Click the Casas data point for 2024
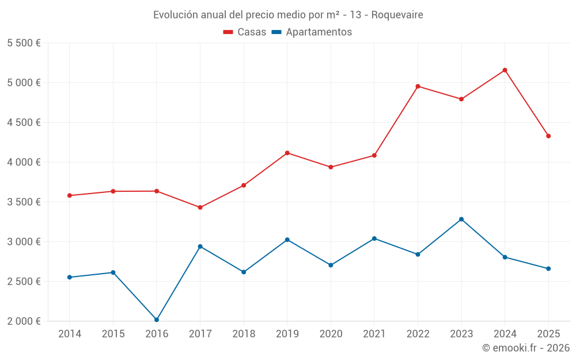(x=505, y=70)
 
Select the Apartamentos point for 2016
(x=157, y=320)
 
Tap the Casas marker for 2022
(x=418, y=86)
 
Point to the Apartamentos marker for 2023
(x=461, y=219)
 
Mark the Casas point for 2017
(x=200, y=207)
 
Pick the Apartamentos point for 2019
(x=287, y=240)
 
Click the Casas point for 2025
(x=548, y=136)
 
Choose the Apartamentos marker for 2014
(x=69, y=277)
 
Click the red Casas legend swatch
(x=228, y=32)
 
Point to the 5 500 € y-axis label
(x=24, y=43)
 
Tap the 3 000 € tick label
(x=24, y=242)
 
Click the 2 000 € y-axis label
(x=24, y=321)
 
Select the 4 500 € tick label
(x=24, y=123)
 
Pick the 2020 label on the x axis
(x=331, y=334)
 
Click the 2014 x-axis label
(x=69, y=334)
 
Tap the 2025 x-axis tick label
(x=548, y=334)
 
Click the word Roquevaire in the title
(x=397, y=15)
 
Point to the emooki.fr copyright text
(x=526, y=348)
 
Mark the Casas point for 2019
(x=287, y=153)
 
